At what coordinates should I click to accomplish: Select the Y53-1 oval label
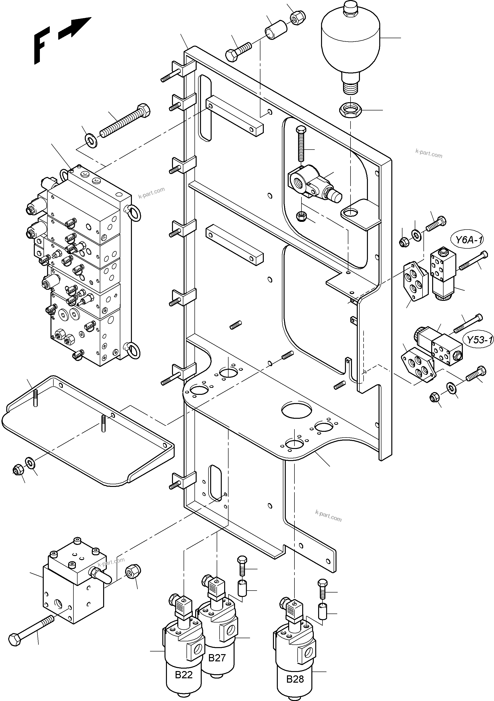(x=479, y=340)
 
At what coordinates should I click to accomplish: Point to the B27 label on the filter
(x=217, y=658)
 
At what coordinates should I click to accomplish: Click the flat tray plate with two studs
(x=88, y=429)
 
